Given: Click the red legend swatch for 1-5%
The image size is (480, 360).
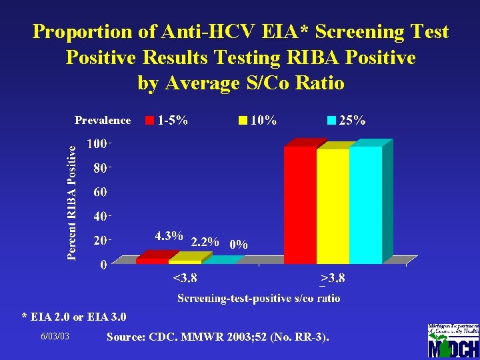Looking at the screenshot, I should (150, 121).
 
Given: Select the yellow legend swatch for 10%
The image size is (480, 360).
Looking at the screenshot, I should (243, 121).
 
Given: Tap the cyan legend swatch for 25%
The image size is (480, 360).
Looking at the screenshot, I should (331, 121).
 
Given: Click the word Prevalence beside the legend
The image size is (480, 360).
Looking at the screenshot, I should (103, 121).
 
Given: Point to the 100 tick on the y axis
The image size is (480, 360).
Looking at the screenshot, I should (98, 144).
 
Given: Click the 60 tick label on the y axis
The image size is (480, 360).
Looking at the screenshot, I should (99, 193).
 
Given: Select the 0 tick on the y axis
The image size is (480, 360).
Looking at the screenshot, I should (103, 265).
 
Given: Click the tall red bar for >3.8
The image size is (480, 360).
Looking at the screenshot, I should (300, 203).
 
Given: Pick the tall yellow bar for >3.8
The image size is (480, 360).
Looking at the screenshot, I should (333, 205).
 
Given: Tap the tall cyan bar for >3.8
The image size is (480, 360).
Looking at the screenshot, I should (365, 203).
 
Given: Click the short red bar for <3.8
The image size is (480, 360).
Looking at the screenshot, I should (152, 261).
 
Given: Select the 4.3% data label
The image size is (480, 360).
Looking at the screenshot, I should (169, 236).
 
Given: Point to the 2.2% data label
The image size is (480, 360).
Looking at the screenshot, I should (205, 241).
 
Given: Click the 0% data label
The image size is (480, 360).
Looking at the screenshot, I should (238, 245).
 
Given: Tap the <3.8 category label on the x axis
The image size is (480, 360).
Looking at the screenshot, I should (185, 278).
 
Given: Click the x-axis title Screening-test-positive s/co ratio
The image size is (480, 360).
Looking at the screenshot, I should (259, 298).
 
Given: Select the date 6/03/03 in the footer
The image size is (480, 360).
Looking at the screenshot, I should (55, 337).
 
